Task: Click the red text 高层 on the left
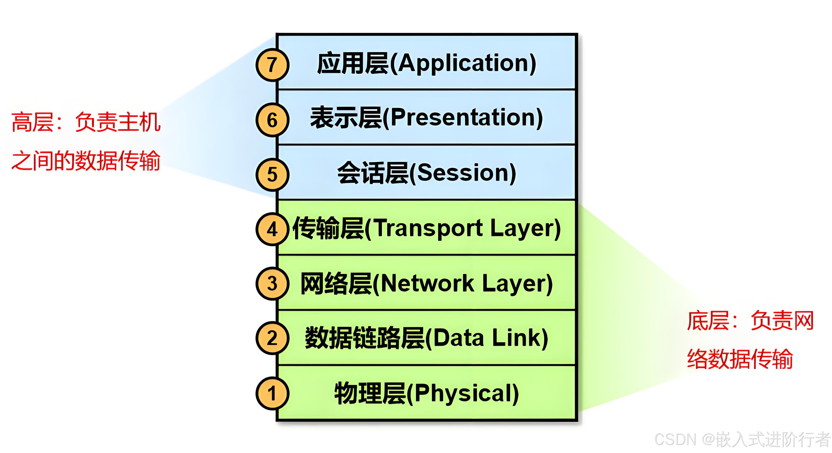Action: click(32, 122)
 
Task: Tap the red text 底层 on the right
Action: click(708, 321)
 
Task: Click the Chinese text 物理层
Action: click(370, 393)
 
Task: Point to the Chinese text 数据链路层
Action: click(364, 338)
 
